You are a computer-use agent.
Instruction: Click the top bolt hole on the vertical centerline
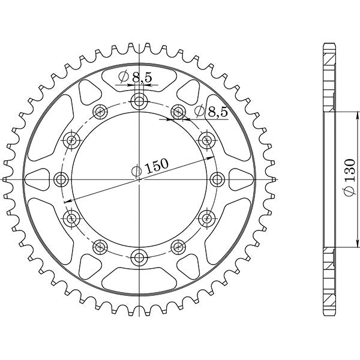139,100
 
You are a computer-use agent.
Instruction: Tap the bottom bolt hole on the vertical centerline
139,258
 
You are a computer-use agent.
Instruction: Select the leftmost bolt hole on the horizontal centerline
61,179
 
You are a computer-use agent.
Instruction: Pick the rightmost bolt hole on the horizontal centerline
218,179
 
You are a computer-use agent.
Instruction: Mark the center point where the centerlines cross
139,179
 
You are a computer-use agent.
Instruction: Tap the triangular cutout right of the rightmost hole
241,179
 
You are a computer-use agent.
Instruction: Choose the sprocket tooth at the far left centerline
6,179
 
